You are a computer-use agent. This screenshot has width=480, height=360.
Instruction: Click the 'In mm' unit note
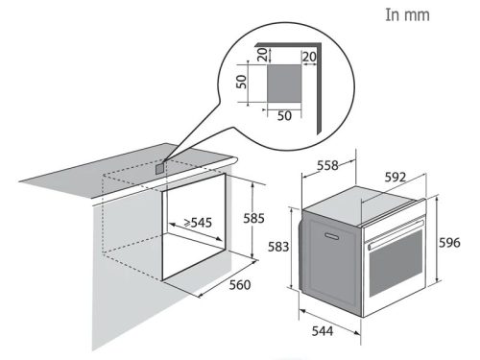(407, 15)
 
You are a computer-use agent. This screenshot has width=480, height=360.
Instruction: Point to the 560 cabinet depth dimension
(242, 284)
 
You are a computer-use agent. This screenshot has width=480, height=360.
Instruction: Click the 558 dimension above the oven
(327, 165)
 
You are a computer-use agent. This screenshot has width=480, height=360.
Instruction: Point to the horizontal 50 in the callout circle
(284, 116)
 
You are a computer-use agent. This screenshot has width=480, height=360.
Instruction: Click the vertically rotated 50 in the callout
(244, 83)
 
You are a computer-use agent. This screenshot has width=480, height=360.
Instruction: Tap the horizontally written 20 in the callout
(308, 58)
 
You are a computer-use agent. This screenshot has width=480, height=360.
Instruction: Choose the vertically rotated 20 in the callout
(262, 55)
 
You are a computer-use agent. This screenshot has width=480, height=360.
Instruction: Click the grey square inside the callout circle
(284, 82)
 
